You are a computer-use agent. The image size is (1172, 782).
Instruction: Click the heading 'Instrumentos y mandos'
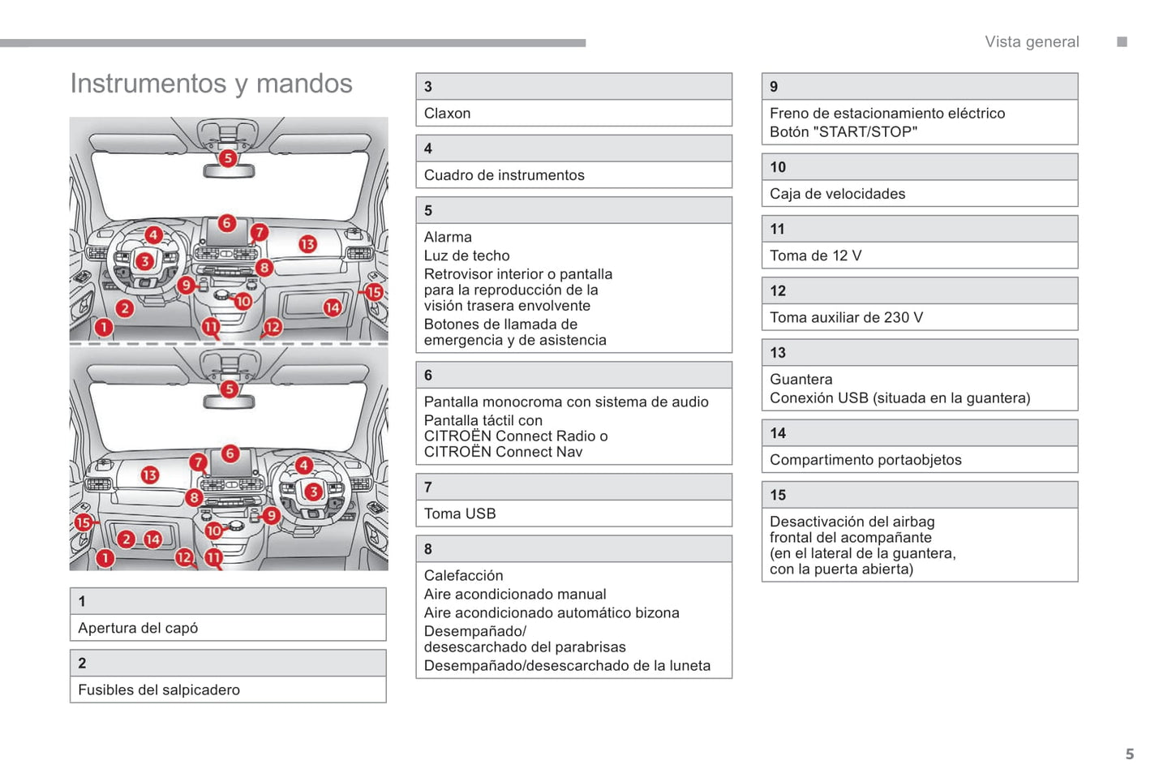(211, 84)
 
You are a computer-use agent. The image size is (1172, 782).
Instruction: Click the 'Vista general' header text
(1032, 42)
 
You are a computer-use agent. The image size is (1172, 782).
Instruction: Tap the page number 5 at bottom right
(1129, 754)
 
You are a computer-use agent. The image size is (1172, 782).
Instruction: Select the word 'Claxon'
(447, 114)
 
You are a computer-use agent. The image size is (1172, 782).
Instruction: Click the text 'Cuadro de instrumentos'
(504, 175)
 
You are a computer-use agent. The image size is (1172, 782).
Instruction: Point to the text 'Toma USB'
(459, 513)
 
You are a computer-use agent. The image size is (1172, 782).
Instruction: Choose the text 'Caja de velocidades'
(837, 194)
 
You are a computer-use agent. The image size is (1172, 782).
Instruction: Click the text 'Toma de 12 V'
(815, 256)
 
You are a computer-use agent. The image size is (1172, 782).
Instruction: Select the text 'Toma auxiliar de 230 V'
(846, 317)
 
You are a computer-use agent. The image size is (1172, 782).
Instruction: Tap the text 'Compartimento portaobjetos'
(865, 460)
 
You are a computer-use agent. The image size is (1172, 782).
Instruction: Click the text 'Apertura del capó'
(138, 628)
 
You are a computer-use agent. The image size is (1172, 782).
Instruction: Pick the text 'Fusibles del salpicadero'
(159, 690)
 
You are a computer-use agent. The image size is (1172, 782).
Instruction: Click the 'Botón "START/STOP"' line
(844, 131)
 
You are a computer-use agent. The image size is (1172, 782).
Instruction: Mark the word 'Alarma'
(448, 237)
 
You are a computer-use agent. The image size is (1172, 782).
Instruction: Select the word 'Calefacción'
(463, 575)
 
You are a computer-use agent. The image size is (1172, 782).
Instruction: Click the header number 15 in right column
(778, 495)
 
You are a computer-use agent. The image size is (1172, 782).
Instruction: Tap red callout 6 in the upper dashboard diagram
(227, 222)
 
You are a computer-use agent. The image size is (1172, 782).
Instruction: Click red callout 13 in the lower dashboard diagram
(150, 475)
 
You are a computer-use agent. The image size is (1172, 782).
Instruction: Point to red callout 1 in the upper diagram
(104, 327)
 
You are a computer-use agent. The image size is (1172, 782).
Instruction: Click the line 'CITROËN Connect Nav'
(503, 452)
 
